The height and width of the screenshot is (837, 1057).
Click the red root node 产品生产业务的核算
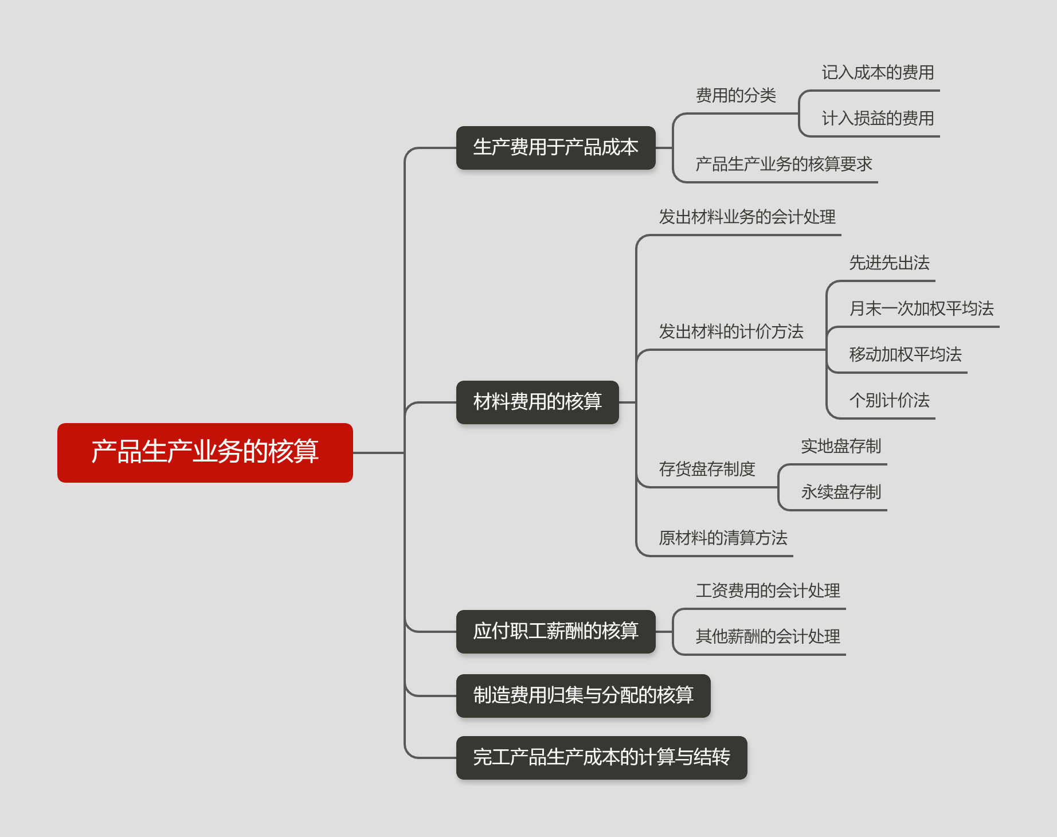[205, 452]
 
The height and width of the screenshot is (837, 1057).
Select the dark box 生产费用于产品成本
[555, 148]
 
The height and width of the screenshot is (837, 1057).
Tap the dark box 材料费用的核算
[537, 402]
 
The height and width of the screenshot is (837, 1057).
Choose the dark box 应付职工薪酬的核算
[555, 631]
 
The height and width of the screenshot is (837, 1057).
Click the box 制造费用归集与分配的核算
[583, 695]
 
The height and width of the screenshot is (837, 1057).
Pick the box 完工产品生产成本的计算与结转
[601, 757]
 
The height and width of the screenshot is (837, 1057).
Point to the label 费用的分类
[735, 95]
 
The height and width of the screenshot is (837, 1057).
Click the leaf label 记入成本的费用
[878, 72]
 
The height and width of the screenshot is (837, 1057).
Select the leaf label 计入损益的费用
[878, 118]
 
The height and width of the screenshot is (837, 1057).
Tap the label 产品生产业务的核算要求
[784, 164]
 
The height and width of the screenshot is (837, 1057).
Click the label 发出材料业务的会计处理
[747, 217]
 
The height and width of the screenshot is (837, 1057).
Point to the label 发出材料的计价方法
[731, 331]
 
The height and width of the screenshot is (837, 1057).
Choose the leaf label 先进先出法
[889, 263]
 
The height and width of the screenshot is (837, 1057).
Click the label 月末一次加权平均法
[921, 308]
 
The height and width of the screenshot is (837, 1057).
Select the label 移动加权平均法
[905, 354]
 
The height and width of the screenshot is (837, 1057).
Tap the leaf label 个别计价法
[889, 400]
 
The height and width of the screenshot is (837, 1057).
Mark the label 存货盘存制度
[707, 469]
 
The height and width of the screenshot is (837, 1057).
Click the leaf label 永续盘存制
[841, 492]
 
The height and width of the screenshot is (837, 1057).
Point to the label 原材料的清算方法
[723, 538]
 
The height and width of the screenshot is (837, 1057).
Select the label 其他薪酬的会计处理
[768, 636]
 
